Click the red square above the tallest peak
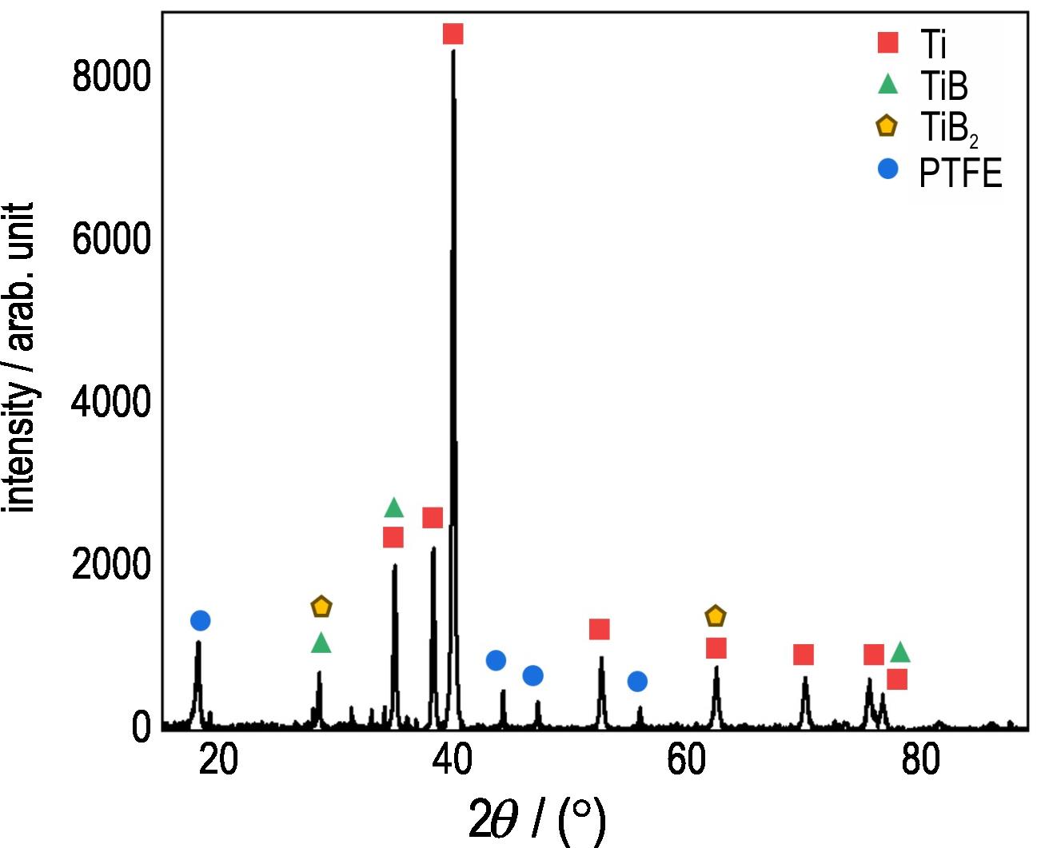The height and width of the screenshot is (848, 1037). (x=453, y=34)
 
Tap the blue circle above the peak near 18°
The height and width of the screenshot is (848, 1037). (x=200, y=620)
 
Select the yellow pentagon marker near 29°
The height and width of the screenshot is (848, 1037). (x=321, y=607)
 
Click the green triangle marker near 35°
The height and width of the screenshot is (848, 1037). (x=393, y=508)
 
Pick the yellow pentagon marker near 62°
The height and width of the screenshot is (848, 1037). (x=716, y=616)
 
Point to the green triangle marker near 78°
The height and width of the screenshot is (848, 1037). (x=900, y=652)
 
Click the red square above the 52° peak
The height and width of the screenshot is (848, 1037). (x=600, y=629)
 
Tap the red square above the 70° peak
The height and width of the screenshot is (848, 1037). (x=804, y=655)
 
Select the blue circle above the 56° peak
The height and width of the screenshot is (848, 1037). (x=637, y=681)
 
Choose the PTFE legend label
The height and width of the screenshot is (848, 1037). (x=960, y=172)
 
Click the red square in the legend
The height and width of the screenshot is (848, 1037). (x=887, y=42)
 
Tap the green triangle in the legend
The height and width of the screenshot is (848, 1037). (x=887, y=83)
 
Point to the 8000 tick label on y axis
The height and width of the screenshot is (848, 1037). (x=111, y=77)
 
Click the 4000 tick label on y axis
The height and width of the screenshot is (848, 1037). (x=111, y=402)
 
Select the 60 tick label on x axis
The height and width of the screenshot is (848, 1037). (x=687, y=760)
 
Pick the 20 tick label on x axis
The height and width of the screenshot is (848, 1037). (x=218, y=760)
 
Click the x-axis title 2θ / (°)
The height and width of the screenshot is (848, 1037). (x=536, y=819)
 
